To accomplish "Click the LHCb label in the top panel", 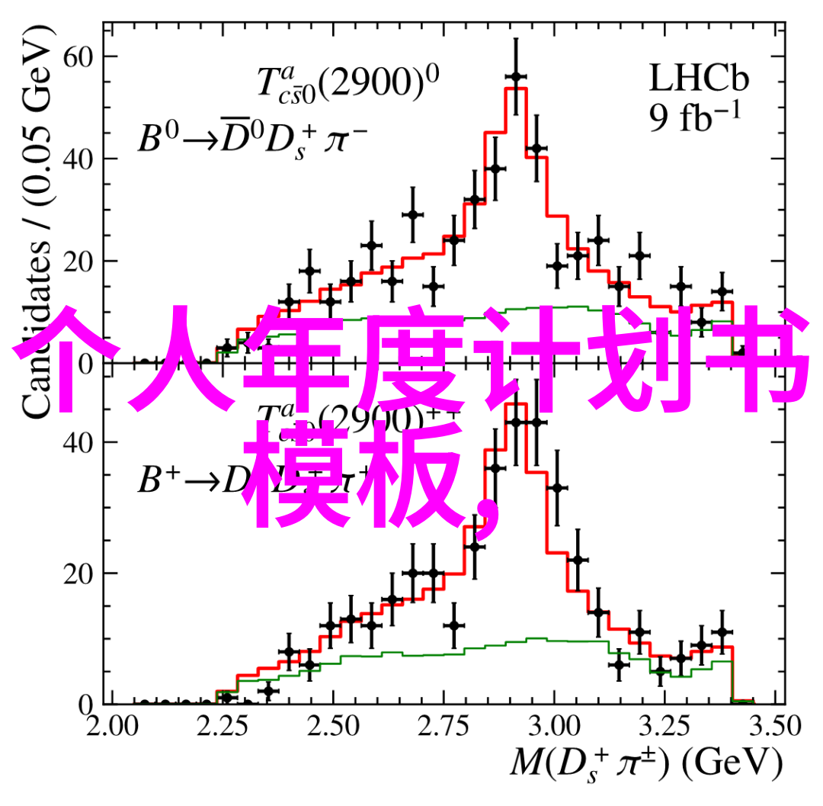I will click(699, 79).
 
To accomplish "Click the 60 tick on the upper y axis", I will click(78, 56).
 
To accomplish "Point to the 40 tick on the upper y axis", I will click(78, 159).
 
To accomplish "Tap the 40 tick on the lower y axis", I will click(78, 442).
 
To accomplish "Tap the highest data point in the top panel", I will click(516, 76).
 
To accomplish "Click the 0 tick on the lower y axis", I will click(86, 703).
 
